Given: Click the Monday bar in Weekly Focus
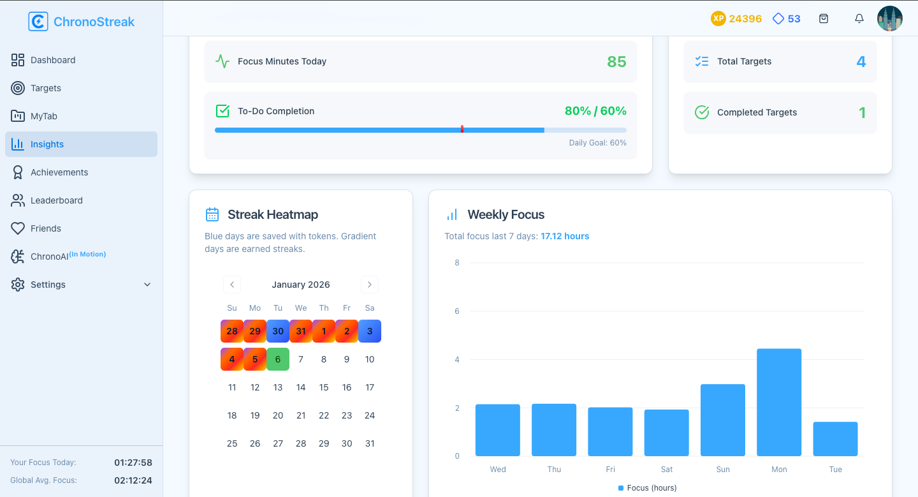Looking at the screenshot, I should click(x=779, y=402).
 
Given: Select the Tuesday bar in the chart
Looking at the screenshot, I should click(x=835, y=439).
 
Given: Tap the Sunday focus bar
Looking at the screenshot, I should click(x=722, y=420).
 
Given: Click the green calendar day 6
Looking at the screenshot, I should click(x=278, y=359).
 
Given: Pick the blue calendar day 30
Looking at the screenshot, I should click(x=278, y=331).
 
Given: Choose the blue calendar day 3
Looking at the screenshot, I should click(x=370, y=331).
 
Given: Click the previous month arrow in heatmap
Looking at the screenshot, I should click(x=232, y=285).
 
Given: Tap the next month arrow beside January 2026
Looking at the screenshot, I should click(x=370, y=285).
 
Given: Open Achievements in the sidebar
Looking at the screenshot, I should click(x=59, y=172).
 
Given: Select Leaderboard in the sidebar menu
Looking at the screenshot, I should click(x=57, y=200).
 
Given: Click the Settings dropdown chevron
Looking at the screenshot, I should click(x=147, y=285).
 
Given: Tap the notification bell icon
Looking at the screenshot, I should click(x=859, y=19).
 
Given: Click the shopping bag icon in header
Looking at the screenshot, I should click(x=824, y=19).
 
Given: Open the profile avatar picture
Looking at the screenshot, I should click(x=890, y=19).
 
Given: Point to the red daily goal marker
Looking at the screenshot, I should click(x=462, y=129).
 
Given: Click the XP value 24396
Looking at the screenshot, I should click(x=745, y=19).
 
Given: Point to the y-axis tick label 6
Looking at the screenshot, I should click(x=457, y=311).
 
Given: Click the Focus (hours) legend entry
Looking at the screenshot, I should click(x=648, y=488).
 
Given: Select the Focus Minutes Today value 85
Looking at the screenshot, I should click(x=616, y=62).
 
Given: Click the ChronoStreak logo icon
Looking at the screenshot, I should click(x=38, y=22).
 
